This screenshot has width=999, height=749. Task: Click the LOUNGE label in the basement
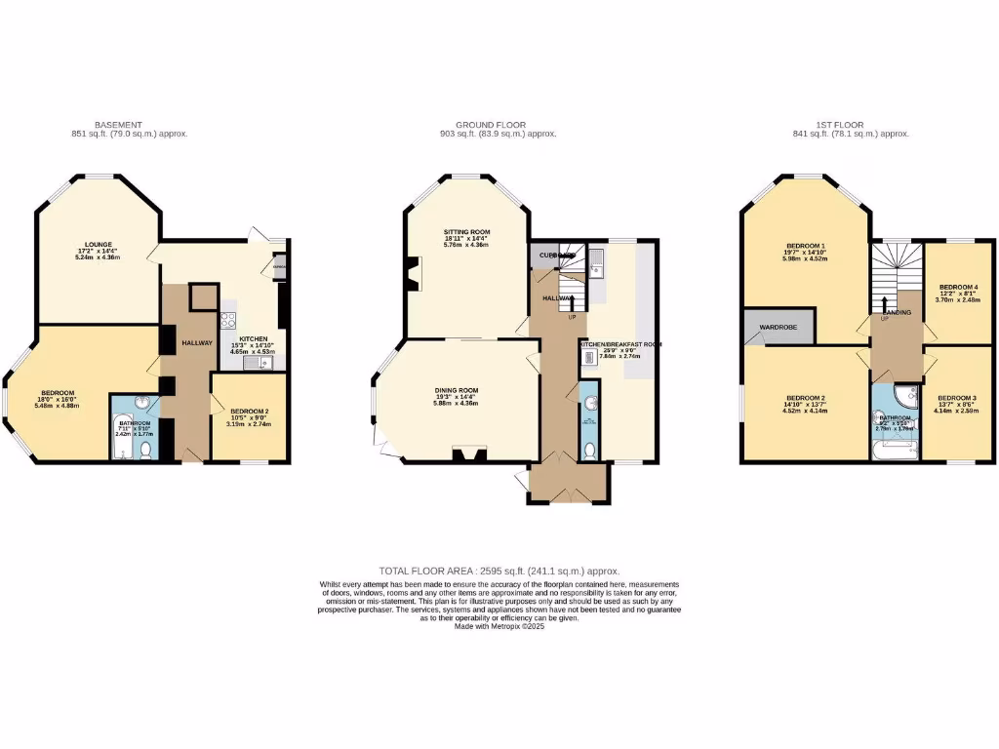pyautogui.click(x=98, y=245)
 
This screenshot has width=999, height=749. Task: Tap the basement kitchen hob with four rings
pyautogui.click(x=228, y=320)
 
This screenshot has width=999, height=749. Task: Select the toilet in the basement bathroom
pyautogui.click(x=146, y=449)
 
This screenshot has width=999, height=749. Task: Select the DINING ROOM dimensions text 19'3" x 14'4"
pyautogui.click(x=456, y=397)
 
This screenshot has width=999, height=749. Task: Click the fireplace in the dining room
pyautogui.click(x=465, y=452)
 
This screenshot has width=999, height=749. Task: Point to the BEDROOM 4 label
pyautogui.click(x=958, y=287)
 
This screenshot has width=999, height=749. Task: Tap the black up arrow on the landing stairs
pyautogui.click(x=886, y=304)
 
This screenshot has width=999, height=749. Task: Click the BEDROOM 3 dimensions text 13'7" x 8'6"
pyautogui.click(x=957, y=405)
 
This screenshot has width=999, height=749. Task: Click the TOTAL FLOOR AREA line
pyautogui.click(x=499, y=571)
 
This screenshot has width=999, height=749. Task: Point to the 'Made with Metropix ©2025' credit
pyautogui.click(x=499, y=627)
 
